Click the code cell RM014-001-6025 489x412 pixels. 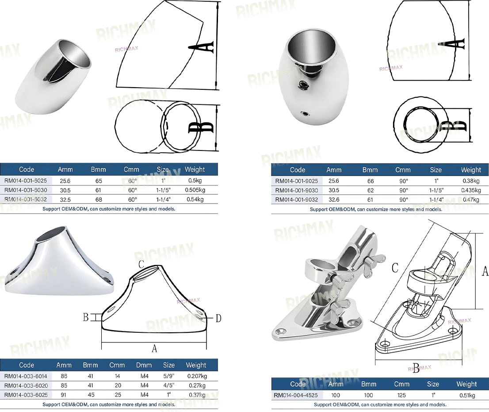[26, 181]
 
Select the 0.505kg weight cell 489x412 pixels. [195, 190]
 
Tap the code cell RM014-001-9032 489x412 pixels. [296, 200]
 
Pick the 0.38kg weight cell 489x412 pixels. [471, 181]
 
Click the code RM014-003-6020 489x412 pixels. [26, 385]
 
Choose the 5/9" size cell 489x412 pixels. [169, 376]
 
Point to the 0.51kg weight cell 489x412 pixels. [467, 395]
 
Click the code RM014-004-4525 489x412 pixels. [296, 395]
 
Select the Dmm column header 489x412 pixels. [144, 365]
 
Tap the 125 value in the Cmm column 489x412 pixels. [401, 395]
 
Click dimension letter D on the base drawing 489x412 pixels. [218, 318]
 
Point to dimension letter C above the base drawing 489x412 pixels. [141, 264]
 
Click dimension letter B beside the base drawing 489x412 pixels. [86, 317]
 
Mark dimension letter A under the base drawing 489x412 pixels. [154, 348]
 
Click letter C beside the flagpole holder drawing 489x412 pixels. [395, 268]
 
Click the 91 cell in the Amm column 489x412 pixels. [64, 395]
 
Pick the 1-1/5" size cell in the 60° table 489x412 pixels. [163, 190]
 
